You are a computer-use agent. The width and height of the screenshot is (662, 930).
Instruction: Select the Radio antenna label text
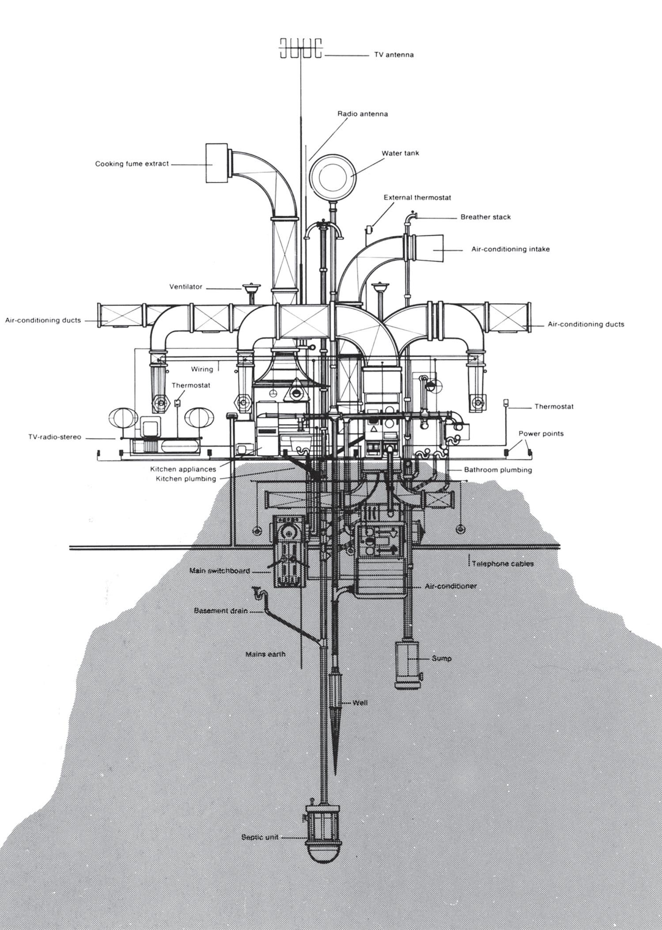click(x=363, y=113)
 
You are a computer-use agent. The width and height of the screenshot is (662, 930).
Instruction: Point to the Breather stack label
click(x=485, y=217)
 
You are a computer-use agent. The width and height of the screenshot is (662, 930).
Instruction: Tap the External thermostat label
click(x=417, y=198)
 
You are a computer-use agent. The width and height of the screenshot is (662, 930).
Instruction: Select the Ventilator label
click(x=186, y=287)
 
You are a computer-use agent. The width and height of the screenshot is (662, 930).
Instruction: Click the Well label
click(x=360, y=702)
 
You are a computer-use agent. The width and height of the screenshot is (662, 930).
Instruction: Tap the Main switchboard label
click(x=219, y=571)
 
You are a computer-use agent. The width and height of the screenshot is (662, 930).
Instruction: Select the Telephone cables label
click(x=503, y=564)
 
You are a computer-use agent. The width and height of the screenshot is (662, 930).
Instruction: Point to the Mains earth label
click(x=265, y=654)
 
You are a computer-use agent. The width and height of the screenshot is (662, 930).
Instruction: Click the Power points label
click(x=541, y=433)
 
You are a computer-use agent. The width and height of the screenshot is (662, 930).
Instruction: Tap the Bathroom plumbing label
click(x=498, y=470)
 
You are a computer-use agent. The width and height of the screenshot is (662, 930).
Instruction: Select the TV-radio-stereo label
click(x=55, y=437)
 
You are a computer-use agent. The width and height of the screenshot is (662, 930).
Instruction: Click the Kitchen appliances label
click(x=183, y=469)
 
